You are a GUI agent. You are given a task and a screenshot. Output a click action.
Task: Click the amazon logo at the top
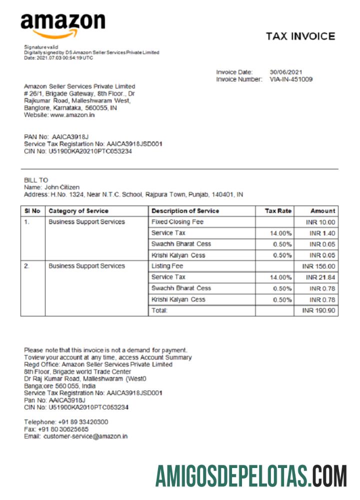63,24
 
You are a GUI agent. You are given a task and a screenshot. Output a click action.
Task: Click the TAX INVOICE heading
300,36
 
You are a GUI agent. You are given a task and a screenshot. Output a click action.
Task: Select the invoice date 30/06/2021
286,72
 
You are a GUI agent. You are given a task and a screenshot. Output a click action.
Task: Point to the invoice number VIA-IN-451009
291,79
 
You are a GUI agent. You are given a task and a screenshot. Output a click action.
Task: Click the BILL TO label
36,180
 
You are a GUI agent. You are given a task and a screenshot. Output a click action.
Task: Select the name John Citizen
62,187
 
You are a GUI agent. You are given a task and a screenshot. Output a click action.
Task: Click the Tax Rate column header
277,211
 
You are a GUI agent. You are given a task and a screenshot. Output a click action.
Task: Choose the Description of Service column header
185,211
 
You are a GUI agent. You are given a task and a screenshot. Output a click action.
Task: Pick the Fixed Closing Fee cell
177,222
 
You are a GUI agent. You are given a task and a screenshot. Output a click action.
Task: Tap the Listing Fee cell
167,266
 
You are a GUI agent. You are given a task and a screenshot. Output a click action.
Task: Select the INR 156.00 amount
319,266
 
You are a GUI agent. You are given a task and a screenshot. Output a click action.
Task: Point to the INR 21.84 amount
320,277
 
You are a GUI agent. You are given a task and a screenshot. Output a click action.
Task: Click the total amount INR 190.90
319,311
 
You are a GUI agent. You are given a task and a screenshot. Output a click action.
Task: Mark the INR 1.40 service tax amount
323,233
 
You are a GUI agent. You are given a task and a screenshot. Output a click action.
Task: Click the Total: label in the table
159,311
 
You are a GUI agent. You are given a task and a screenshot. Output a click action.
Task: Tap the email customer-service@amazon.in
85,436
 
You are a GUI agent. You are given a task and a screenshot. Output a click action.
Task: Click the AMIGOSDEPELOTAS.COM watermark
250,475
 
